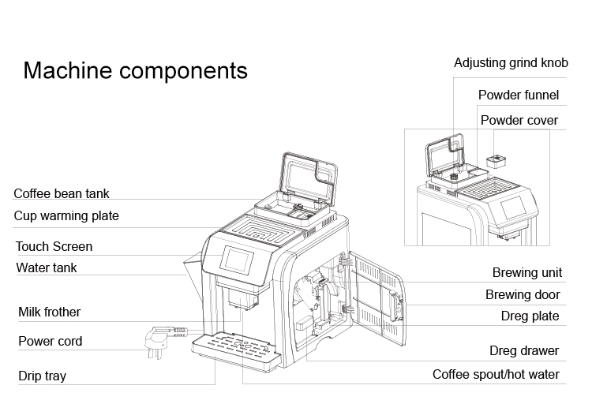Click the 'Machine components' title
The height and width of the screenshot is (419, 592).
(x=135, y=70)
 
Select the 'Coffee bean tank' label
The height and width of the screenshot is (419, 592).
(x=62, y=193)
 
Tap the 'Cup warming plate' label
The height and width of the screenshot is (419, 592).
(x=66, y=215)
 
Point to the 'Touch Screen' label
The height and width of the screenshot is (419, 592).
(x=54, y=246)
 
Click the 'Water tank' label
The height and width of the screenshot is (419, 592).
(x=47, y=267)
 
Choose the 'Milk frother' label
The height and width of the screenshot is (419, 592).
(x=49, y=312)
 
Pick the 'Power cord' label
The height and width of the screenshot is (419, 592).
(x=50, y=342)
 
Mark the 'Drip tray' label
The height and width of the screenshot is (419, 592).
(x=42, y=376)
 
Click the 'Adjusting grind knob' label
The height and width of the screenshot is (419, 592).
(x=511, y=62)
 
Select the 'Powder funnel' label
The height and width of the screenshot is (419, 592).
(x=519, y=95)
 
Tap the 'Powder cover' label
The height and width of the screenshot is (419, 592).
(x=519, y=120)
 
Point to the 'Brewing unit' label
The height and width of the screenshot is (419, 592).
(x=527, y=273)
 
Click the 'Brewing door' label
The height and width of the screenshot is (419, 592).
(x=523, y=294)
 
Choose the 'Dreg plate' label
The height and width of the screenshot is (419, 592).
(x=530, y=316)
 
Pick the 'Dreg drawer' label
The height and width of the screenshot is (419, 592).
(x=523, y=350)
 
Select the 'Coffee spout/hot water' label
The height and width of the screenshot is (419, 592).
(x=496, y=374)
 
